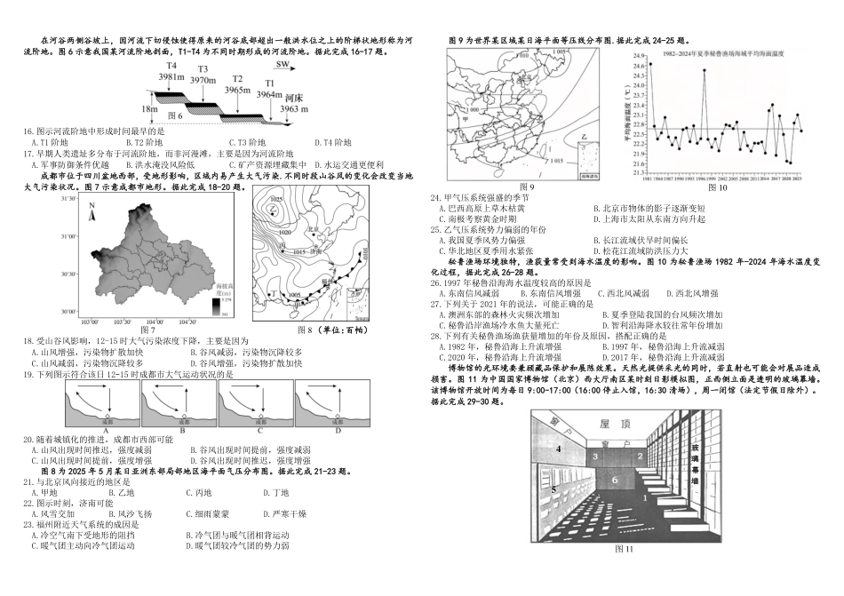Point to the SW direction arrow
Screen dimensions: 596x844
pos(282,65)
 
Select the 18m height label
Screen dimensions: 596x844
pos(149,107)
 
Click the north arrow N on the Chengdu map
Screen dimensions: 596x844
pos(92,210)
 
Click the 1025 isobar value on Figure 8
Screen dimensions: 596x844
pos(276,200)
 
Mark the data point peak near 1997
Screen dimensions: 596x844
pos(705,70)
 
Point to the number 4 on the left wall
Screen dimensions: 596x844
pos(558,449)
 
